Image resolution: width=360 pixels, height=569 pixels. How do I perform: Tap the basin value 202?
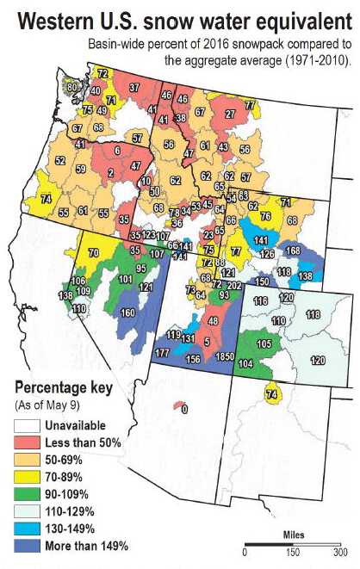(x=233, y=285)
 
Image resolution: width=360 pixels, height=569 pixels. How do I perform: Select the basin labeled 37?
(x=134, y=88)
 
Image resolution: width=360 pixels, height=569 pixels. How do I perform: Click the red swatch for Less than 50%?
(x=27, y=466)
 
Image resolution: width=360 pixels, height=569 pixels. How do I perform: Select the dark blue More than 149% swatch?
(x=27, y=545)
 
